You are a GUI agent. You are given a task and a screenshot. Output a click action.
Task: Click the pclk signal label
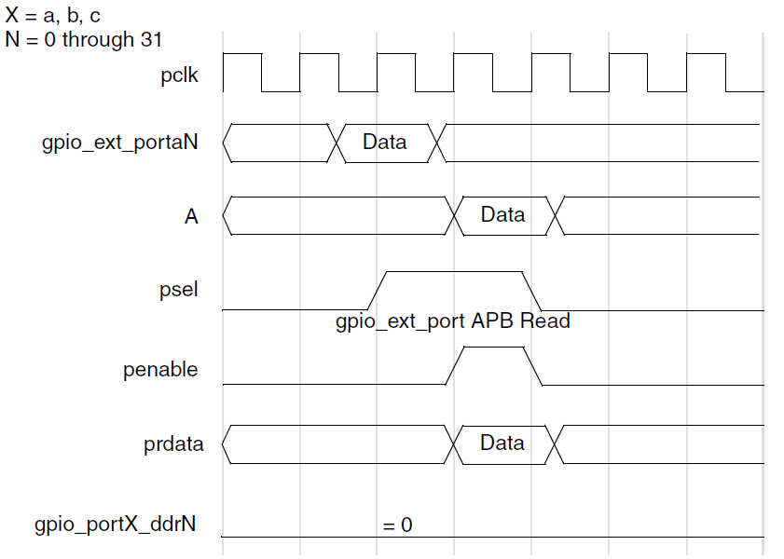[x=179, y=75]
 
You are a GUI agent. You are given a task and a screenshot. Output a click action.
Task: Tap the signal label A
[x=191, y=216]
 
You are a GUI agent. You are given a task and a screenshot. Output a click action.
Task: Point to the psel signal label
[x=179, y=291]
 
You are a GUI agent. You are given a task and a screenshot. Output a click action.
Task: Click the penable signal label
[x=160, y=369]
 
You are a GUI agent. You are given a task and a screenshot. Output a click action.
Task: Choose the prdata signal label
[x=172, y=443]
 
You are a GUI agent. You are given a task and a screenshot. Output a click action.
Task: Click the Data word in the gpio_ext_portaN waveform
[x=384, y=143]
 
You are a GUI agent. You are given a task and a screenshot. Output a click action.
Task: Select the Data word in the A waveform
[x=502, y=215]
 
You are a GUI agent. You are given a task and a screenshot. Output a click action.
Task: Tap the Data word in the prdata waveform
[x=502, y=443]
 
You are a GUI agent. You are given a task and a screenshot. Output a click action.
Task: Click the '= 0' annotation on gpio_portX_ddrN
[x=398, y=525]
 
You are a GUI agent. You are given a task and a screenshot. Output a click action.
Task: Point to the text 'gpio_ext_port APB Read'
[x=452, y=321]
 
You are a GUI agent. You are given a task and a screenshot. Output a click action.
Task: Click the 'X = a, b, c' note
[x=53, y=16]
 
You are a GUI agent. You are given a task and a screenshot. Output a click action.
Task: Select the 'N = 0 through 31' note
[x=83, y=39]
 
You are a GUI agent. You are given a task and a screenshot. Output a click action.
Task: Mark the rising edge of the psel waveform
[x=378, y=290]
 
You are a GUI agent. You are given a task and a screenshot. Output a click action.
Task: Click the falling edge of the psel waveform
[x=533, y=290]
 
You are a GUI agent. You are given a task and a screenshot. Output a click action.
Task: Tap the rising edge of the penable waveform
[x=455, y=365]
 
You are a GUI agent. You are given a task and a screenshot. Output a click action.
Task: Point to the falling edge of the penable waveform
[x=533, y=365]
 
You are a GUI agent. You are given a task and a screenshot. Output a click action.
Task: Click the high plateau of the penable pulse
[x=494, y=348]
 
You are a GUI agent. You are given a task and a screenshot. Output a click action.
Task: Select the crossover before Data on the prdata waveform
[x=457, y=443]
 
